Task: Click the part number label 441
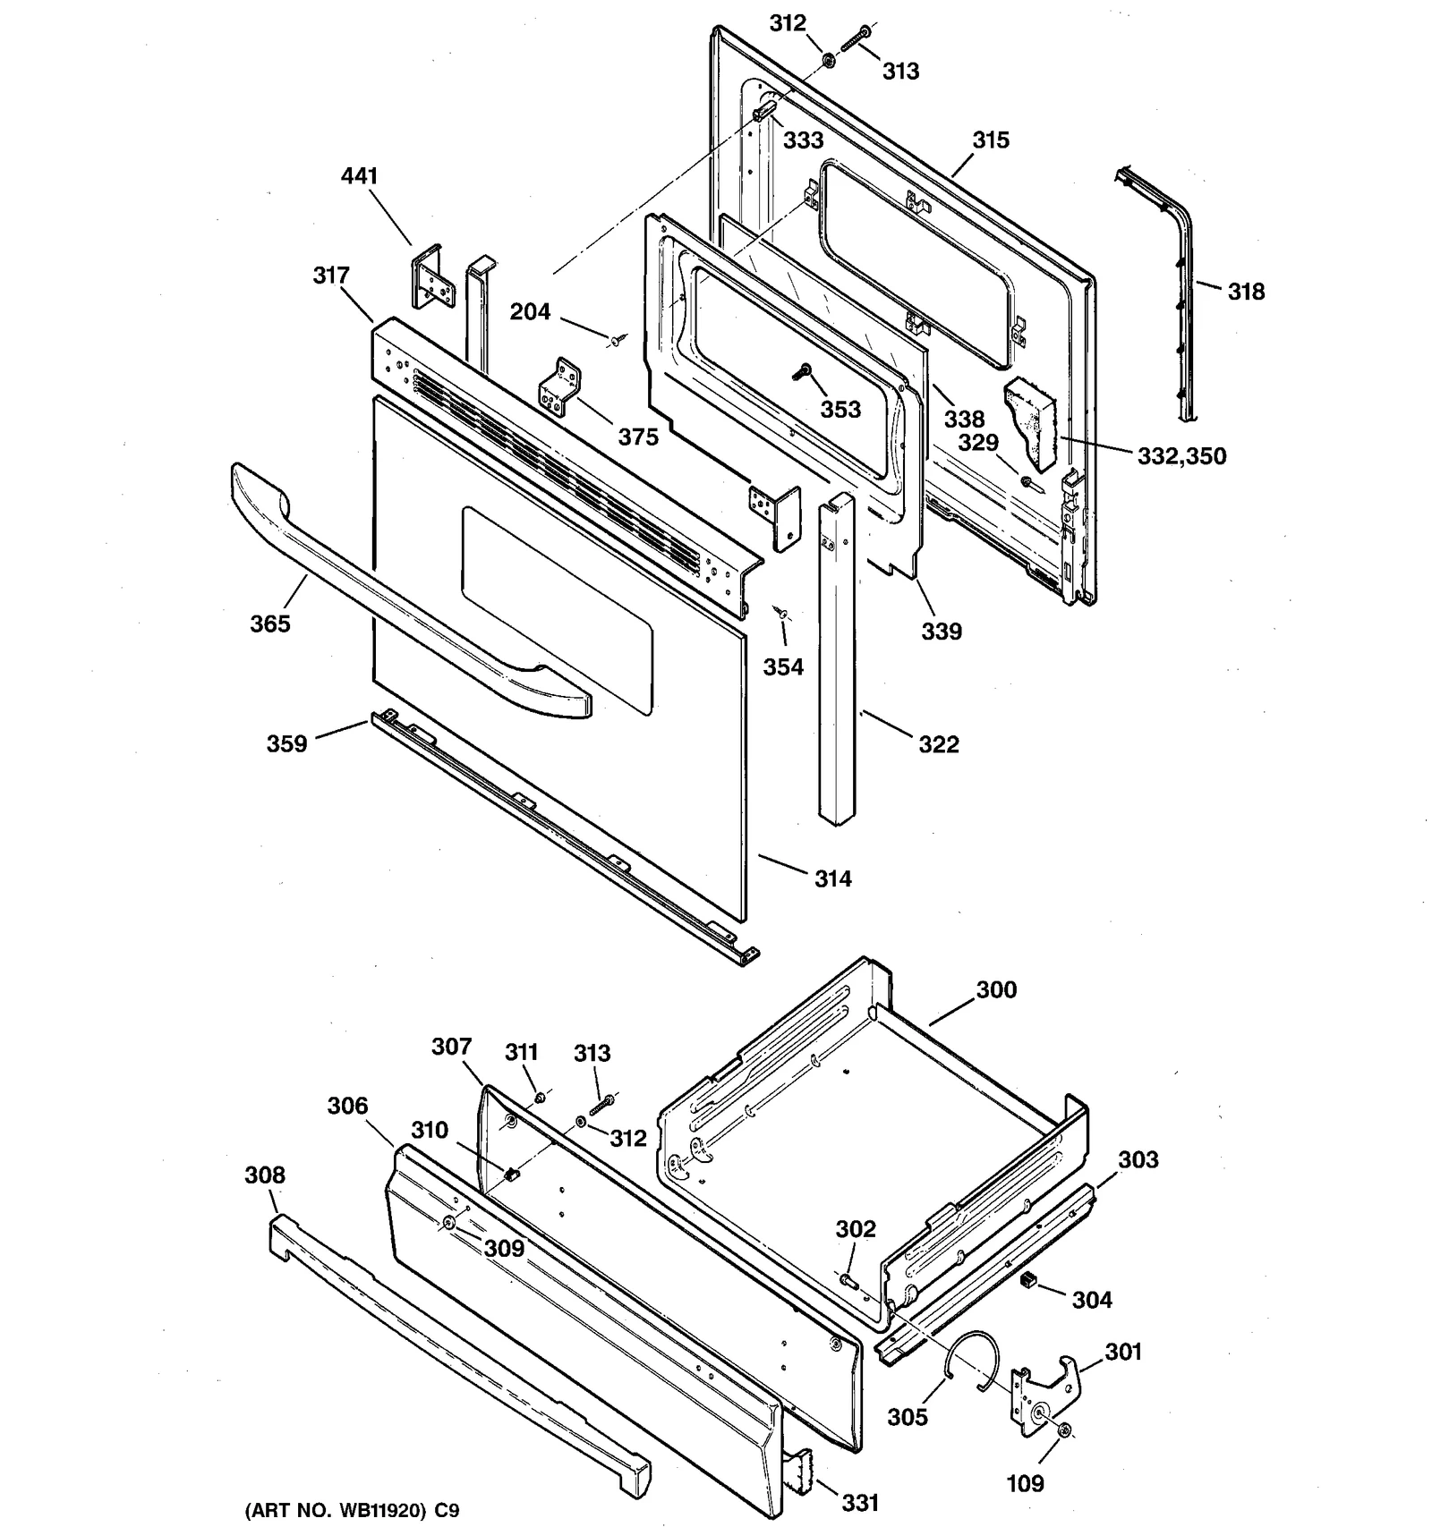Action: [359, 176]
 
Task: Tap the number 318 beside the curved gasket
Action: [1246, 292]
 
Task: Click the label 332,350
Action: [1181, 456]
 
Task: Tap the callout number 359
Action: [286, 744]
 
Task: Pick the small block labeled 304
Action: [1028, 1282]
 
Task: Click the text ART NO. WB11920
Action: [340, 1511]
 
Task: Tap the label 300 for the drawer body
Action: [996, 990]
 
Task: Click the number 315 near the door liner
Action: [991, 140]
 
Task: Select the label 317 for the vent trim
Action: [331, 276]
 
